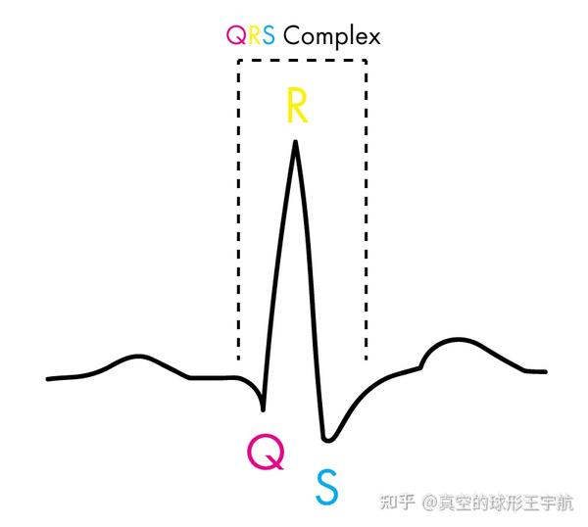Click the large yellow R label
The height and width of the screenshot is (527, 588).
(297, 105)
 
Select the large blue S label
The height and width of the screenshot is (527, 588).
(326, 486)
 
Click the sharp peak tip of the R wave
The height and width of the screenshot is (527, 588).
(294, 142)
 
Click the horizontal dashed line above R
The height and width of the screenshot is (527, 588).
(302, 61)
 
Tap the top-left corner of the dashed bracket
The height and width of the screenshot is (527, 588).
(238, 61)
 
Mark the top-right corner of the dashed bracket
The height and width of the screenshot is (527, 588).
(367, 61)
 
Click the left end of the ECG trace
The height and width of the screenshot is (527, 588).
(47, 378)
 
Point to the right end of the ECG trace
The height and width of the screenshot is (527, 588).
(546, 372)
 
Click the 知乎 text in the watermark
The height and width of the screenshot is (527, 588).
(396, 503)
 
